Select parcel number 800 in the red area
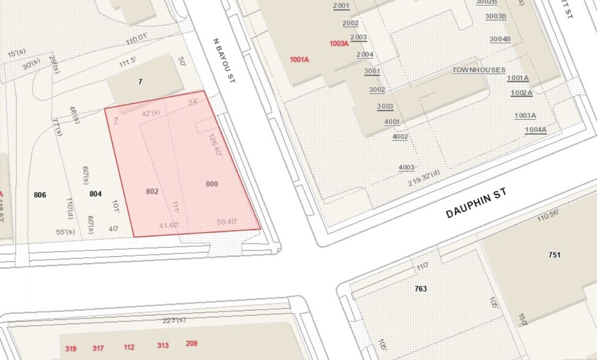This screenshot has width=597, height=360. click(x=212, y=184)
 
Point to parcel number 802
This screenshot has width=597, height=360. click(x=152, y=191)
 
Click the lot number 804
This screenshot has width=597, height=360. click(x=96, y=194)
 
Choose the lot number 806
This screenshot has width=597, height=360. click(x=40, y=195)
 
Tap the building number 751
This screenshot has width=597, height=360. click(x=555, y=255)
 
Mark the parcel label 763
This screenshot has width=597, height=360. click(x=421, y=288)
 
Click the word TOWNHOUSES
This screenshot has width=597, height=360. click(x=479, y=70)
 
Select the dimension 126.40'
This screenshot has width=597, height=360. click(x=214, y=145)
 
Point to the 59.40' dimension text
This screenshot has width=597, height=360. click(x=227, y=222)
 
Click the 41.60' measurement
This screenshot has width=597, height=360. click(x=169, y=225)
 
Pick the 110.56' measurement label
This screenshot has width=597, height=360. click(x=549, y=216)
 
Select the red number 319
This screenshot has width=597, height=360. click(x=71, y=348)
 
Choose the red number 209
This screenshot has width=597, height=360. click(x=192, y=343)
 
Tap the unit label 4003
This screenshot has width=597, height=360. click(x=406, y=167)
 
